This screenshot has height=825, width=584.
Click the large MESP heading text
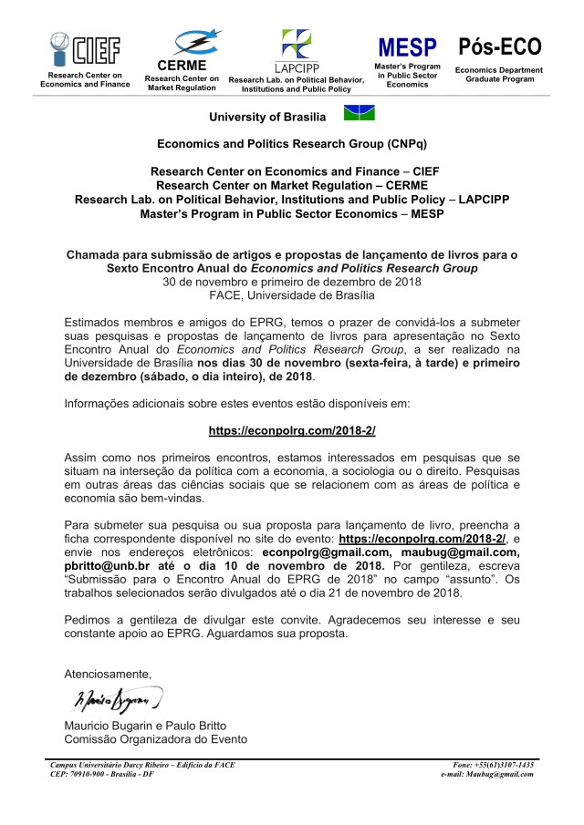pyautogui.click(x=408, y=47)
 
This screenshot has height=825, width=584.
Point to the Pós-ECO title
pyautogui.click(x=499, y=46)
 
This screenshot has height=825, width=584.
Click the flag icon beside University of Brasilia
pyautogui.click(x=358, y=114)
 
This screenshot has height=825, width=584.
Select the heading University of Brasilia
pyautogui.click(x=266, y=117)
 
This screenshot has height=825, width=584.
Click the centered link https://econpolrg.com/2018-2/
pyautogui.click(x=291, y=429)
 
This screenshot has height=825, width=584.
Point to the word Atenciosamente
pyautogui.click(x=108, y=674)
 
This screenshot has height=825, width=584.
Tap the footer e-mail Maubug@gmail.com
pyautogui.click(x=486, y=774)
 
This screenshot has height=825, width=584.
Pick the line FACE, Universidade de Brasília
pyautogui.click(x=291, y=294)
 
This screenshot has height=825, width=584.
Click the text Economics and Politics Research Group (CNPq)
pyautogui.click(x=291, y=144)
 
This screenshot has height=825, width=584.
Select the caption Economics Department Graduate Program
pyautogui.click(x=499, y=74)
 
